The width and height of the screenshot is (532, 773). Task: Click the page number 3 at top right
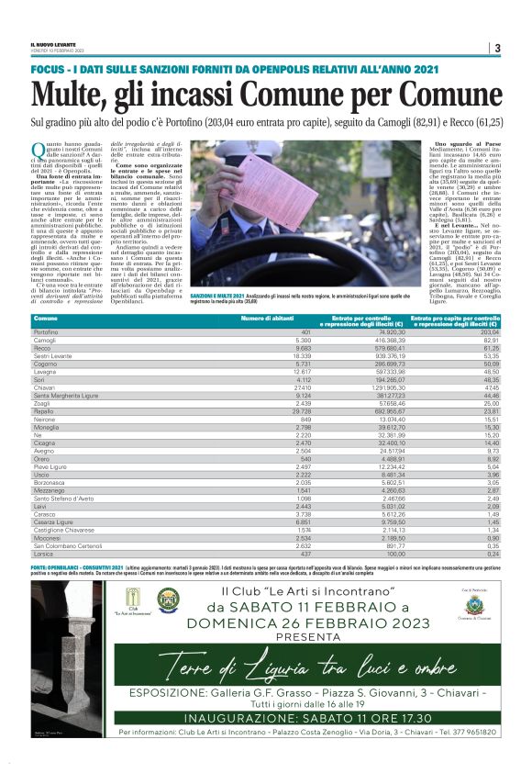[496, 48]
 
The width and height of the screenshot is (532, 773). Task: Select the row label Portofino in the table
[47, 330]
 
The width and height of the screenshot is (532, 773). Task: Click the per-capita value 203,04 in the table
[486, 330]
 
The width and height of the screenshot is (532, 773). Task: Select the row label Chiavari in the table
[46, 387]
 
